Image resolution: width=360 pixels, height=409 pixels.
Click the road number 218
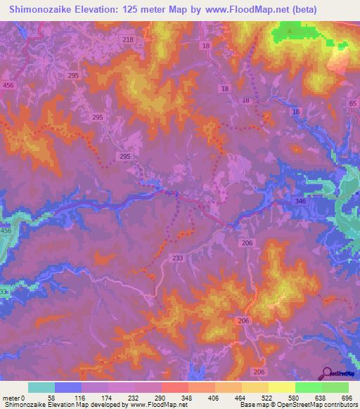(127, 39)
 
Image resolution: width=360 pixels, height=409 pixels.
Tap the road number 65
(352, 103)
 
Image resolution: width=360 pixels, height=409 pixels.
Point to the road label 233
(177, 258)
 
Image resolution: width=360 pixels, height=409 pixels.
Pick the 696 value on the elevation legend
(345, 398)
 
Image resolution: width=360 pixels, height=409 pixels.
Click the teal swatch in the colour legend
(41, 387)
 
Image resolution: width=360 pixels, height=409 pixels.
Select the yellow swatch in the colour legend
(281, 387)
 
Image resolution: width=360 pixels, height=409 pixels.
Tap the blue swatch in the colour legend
(67, 387)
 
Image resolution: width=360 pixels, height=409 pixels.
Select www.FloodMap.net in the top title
(245, 10)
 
